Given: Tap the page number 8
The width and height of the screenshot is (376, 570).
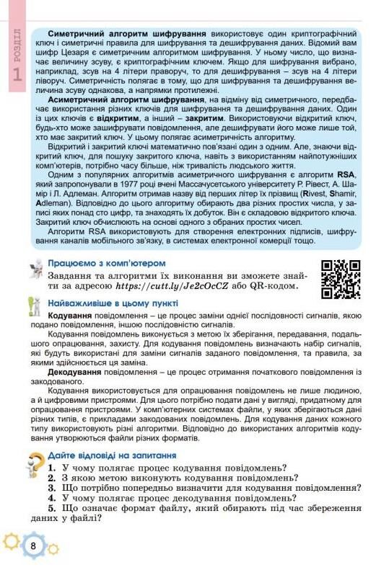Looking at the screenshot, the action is point(33,545).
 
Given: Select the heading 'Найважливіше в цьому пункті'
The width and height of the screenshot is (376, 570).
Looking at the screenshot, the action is point(117,305).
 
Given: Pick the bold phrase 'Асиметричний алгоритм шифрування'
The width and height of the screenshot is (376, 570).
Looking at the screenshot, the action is point(123,99).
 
